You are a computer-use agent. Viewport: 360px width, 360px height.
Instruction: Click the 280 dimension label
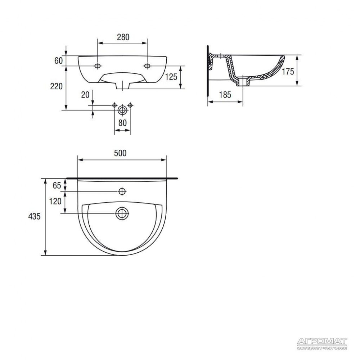point(123,37)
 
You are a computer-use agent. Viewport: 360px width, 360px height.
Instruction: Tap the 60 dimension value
point(58,61)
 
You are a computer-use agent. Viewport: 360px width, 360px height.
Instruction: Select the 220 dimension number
point(57,86)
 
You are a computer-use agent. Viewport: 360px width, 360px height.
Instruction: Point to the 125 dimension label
point(171,77)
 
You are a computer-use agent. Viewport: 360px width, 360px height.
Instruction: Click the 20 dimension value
point(85,95)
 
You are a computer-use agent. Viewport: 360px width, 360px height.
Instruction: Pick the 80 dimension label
point(122,123)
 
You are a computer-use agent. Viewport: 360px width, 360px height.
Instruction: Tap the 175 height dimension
point(288,72)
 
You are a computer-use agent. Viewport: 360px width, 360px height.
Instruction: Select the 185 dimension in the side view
point(225,95)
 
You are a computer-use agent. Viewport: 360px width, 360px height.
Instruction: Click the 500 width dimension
point(120,153)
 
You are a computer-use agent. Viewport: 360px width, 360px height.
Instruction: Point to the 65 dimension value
point(57,185)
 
